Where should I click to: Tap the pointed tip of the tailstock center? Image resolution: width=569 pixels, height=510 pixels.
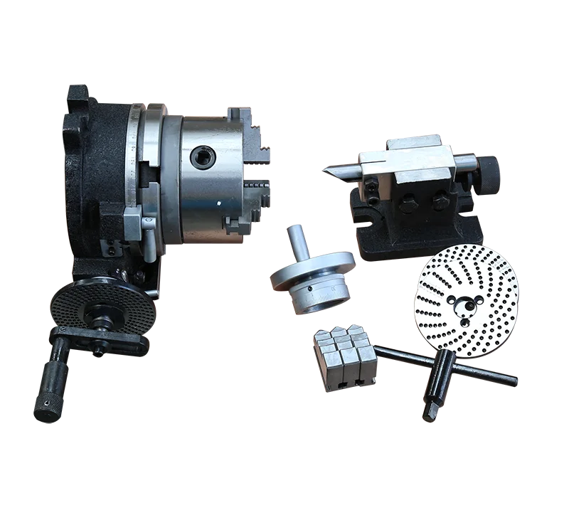324,169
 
